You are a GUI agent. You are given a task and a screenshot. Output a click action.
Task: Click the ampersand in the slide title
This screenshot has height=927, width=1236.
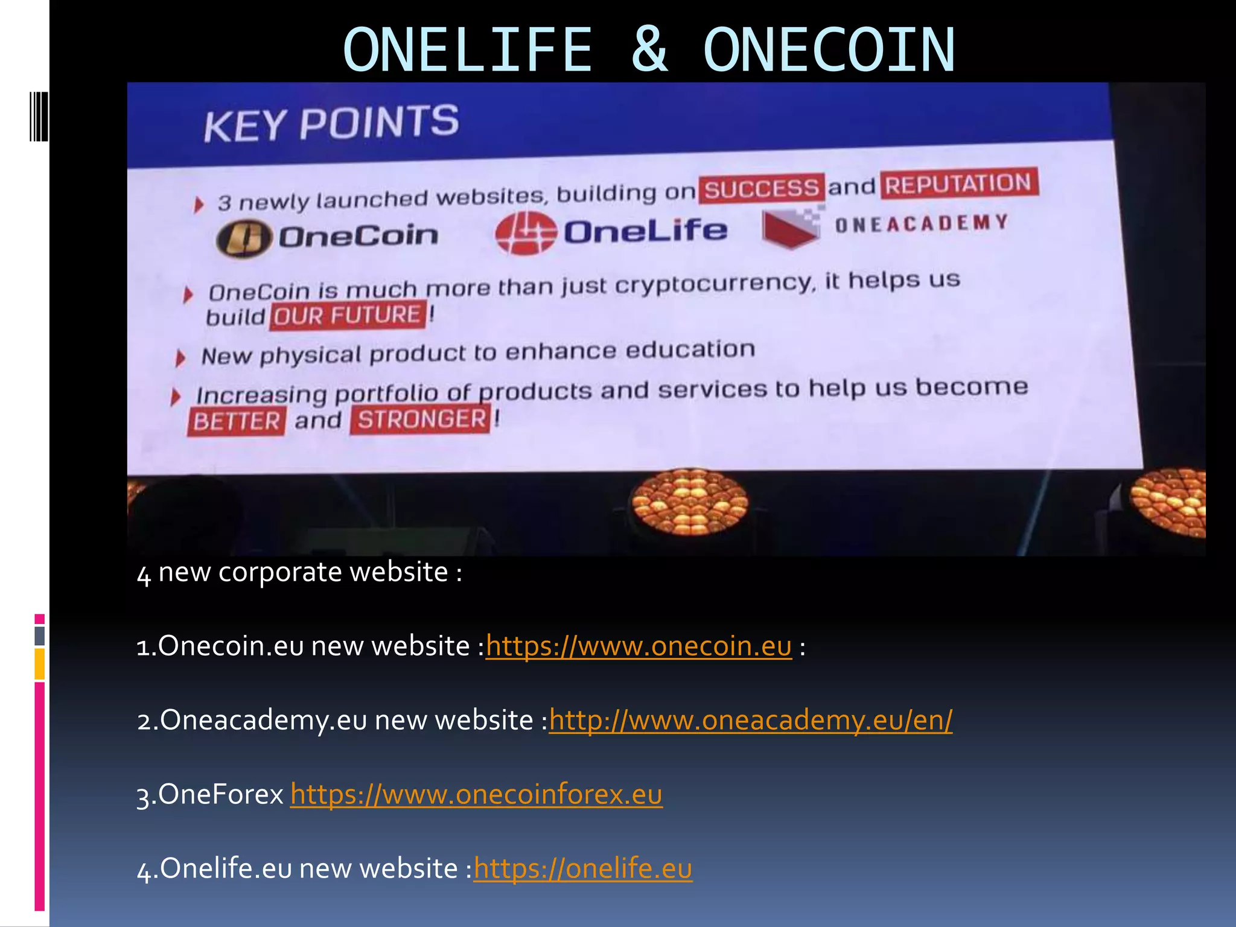[649, 49]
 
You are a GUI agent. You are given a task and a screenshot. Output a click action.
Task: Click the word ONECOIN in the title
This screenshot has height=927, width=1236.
[829, 49]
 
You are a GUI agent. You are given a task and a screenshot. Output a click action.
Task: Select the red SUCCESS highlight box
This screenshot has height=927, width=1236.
[761, 189]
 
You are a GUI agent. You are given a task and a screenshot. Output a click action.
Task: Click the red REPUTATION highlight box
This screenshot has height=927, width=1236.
[958, 183]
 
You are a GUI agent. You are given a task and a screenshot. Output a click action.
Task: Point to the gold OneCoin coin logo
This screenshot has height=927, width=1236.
[243, 238]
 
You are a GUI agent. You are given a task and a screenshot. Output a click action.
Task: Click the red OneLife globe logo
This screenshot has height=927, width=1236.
[525, 233]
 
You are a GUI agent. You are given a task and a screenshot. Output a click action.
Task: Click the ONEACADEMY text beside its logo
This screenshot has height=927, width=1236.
[922, 223]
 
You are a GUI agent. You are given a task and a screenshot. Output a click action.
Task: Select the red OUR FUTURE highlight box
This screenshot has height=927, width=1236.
[348, 316]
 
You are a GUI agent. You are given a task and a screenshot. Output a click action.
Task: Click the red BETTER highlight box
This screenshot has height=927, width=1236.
[237, 421]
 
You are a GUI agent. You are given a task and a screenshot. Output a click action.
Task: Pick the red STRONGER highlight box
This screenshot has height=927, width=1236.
[421, 419]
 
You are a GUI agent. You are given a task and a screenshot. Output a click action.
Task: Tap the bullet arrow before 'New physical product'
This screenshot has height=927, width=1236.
[180, 358]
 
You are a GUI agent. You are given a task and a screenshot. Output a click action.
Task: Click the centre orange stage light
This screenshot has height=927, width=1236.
[689, 502]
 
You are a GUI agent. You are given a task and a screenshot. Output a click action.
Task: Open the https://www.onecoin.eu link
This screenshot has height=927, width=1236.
[639, 646]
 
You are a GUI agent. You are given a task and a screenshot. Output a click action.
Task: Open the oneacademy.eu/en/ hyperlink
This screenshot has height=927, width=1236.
[750, 720]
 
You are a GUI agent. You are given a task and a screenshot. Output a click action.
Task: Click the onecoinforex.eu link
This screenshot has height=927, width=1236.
[476, 794]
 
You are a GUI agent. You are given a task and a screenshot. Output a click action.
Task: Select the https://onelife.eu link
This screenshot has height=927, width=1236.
[582, 868]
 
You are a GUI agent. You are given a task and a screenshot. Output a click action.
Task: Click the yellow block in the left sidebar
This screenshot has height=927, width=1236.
[39, 664]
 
